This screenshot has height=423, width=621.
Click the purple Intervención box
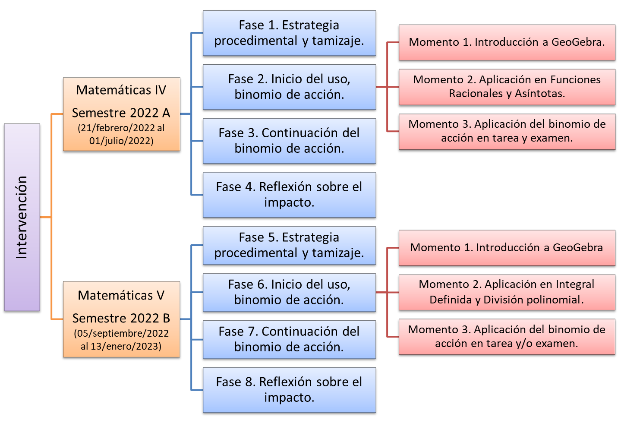point(22,217)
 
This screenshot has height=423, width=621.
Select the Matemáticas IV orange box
point(121,114)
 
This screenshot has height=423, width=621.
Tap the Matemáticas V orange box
point(121,319)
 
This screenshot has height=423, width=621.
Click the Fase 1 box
point(289,33)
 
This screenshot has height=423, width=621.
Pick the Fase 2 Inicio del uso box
point(289,87)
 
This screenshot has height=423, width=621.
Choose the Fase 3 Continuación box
point(289,141)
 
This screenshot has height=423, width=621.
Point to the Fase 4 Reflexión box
point(289,195)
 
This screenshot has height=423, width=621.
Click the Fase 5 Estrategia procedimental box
point(289,245)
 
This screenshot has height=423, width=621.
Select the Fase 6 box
point(289,292)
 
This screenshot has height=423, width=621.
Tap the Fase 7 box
point(289,339)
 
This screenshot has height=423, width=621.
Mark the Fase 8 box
point(289,390)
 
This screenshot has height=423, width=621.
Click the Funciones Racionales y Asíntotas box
point(507,87)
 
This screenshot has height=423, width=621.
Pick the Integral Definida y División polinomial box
point(507,292)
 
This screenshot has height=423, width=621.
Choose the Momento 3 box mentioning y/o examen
point(507,337)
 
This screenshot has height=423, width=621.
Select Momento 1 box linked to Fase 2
point(507,42)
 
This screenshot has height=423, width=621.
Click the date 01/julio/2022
point(121,141)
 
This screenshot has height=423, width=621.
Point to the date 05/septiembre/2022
point(121,333)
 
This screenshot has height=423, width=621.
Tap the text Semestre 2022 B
point(121,318)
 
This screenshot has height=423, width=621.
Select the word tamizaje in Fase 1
point(338,41)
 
